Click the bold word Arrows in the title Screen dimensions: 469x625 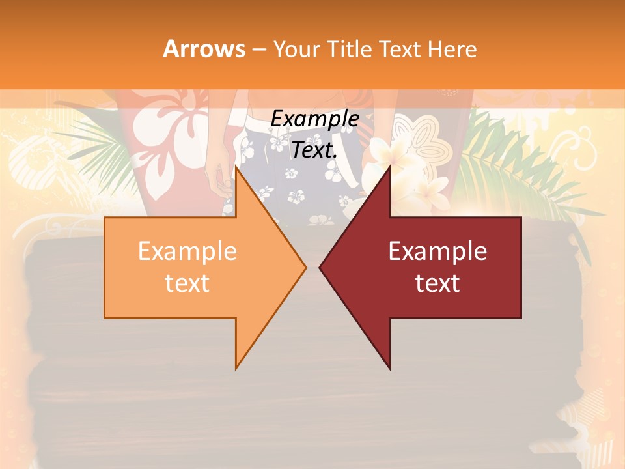204,49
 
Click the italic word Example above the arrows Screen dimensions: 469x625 314,119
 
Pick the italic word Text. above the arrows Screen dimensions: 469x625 314,150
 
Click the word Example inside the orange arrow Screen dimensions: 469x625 187,251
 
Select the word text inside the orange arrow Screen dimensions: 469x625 187,283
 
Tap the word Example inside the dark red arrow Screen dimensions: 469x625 437,251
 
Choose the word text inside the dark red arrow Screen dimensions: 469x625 437,283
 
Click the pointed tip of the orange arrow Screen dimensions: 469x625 305,267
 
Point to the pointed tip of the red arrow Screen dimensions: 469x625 320,267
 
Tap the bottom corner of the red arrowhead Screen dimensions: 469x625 390,369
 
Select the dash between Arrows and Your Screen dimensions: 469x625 258,50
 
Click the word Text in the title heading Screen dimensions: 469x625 400,49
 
